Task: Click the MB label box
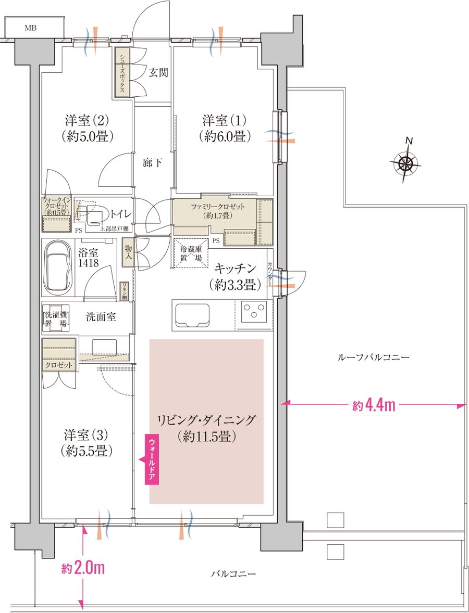tap(34, 28)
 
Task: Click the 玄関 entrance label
tap(158, 72)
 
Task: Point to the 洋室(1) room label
tap(225, 128)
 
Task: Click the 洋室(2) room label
tap(87, 128)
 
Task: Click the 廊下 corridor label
tap(152, 162)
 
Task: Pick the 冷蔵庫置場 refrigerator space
tap(190, 253)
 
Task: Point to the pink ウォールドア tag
tap(151, 458)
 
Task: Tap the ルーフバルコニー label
tap(374, 357)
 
